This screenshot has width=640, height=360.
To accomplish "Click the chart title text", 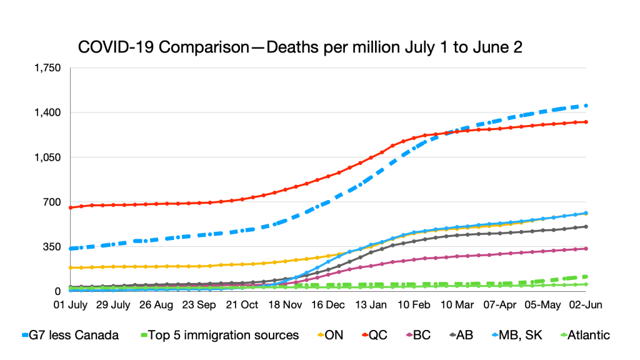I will point(299,48).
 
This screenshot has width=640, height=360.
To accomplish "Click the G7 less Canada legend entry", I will point(71,336).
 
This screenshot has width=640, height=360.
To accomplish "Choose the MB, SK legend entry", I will point(514,336).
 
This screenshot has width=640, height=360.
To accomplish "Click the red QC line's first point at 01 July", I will point(71,207).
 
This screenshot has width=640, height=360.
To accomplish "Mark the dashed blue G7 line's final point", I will point(586,106).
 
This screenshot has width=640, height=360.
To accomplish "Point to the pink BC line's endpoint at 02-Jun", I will point(586,249).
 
